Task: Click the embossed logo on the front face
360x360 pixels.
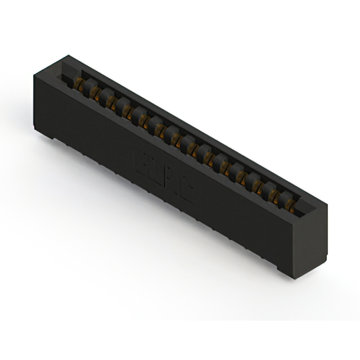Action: [163, 175]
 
